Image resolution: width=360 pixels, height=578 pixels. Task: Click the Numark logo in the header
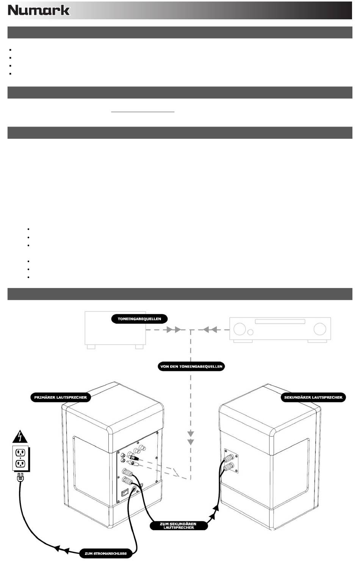pyautogui.click(x=39, y=10)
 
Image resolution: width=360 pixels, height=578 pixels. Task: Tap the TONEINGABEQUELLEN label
pyautogui.click(x=139, y=319)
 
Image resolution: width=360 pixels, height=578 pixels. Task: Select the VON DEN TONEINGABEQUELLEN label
pyautogui.click(x=191, y=367)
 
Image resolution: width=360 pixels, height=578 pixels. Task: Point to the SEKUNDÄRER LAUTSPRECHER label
pyautogui.click(x=313, y=398)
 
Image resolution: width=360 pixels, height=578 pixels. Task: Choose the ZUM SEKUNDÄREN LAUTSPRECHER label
pyautogui.click(x=178, y=526)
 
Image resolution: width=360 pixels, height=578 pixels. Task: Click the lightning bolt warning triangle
pyautogui.click(x=20, y=437)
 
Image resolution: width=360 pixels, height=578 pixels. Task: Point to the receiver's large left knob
pyautogui.click(x=239, y=329)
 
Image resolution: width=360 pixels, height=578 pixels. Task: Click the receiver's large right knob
pyautogui.click(x=320, y=329)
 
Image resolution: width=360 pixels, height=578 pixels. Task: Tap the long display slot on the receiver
pyautogui.click(x=280, y=321)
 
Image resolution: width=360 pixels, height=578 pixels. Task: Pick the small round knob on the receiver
pyautogui.click(x=250, y=332)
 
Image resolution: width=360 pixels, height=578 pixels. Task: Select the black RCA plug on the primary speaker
pyautogui.click(x=132, y=457)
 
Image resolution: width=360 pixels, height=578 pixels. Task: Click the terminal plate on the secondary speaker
pyautogui.click(x=231, y=461)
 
